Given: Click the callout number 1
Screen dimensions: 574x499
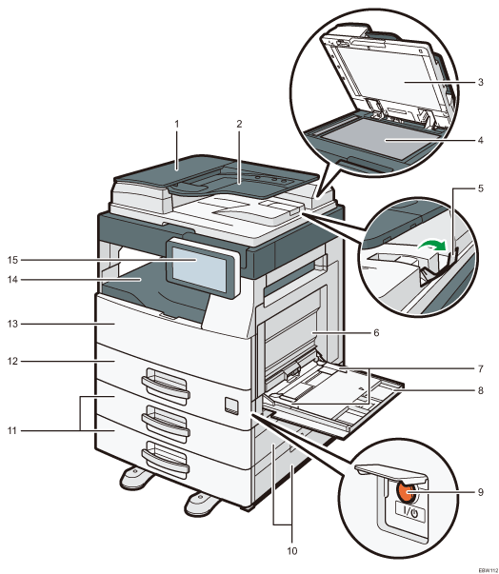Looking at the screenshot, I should [x=176, y=124].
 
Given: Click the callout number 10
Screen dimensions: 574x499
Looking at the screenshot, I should [x=291, y=550].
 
